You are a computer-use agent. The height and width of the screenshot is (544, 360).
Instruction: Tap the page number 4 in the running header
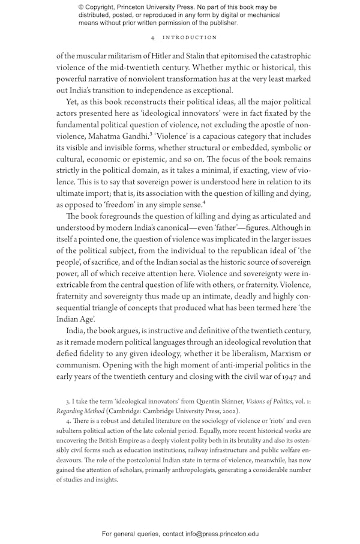[154, 37]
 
